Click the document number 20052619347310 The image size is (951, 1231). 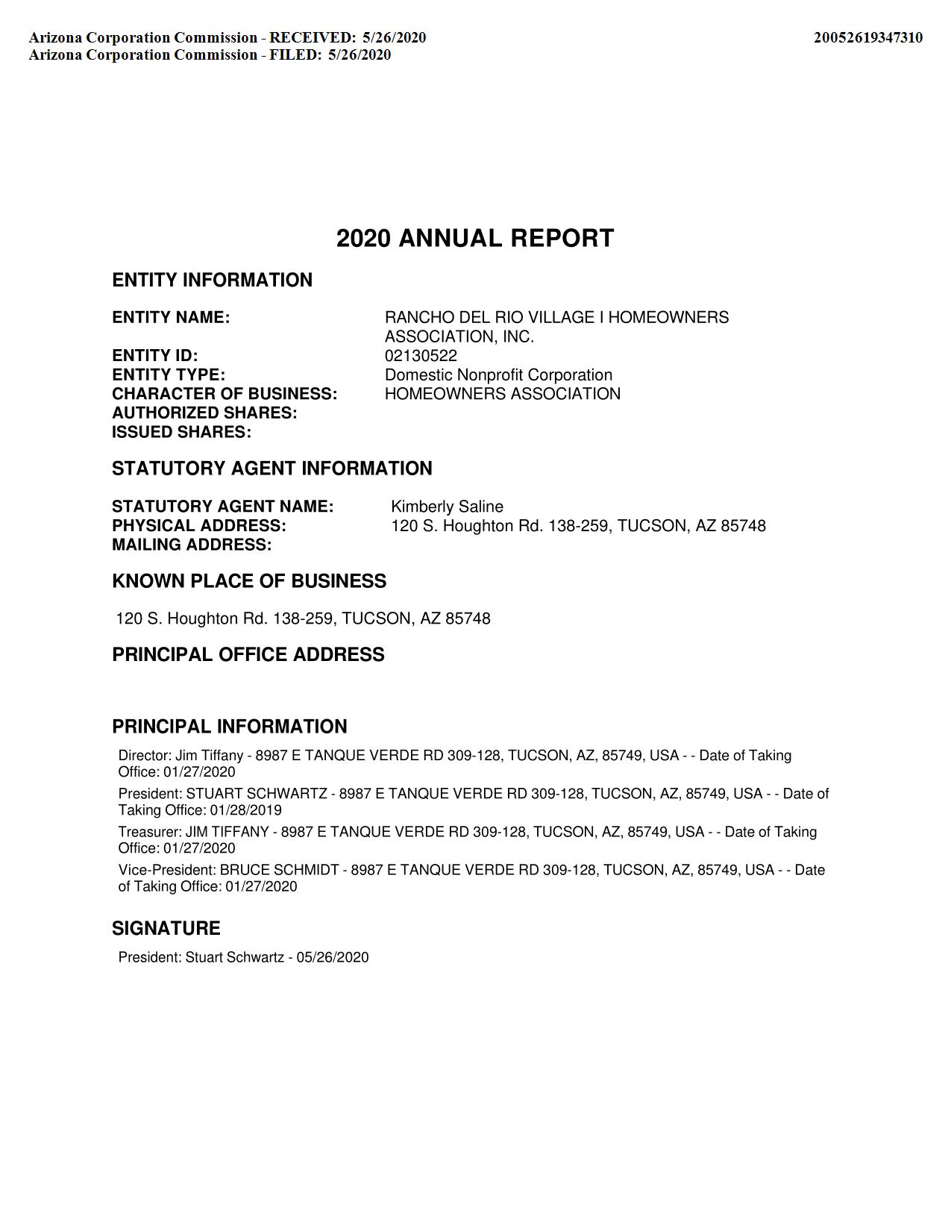coord(867,37)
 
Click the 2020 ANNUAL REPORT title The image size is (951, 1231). coord(475,238)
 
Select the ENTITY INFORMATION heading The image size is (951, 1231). coord(212,280)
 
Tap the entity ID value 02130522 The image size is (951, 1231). coord(421,356)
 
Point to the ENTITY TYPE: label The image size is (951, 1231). coord(169,375)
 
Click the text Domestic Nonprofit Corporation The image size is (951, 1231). coord(498,375)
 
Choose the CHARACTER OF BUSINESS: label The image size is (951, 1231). coord(225,394)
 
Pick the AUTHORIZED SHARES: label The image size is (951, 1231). coord(204,413)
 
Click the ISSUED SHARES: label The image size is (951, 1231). coord(181,432)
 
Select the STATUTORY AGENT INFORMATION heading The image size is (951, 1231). coord(272,469)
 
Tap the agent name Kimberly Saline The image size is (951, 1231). coord(447,507)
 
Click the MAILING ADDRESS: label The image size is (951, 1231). coord(192,545)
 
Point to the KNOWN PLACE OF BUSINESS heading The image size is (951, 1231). coord(249,581)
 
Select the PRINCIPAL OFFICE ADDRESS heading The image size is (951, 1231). coord(248,654)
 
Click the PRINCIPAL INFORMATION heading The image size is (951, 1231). coord(230,727)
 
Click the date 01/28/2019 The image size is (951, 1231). coord(245,810)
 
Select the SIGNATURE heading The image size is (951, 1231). coord(166,928)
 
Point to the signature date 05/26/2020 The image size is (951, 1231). coord(332,957)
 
